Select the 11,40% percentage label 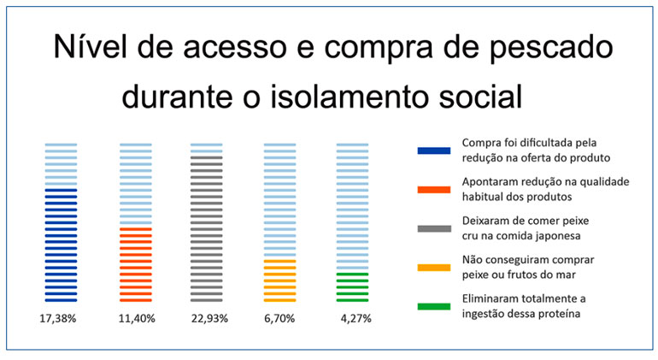click(135, 317)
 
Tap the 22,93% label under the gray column click(207, 317)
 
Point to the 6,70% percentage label click(279, 317)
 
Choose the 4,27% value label click(353, 317)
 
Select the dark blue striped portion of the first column click(61, 244)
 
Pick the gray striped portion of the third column click(207, 227)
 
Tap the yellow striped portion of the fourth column click(279, 280)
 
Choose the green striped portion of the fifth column click(353, 286)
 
